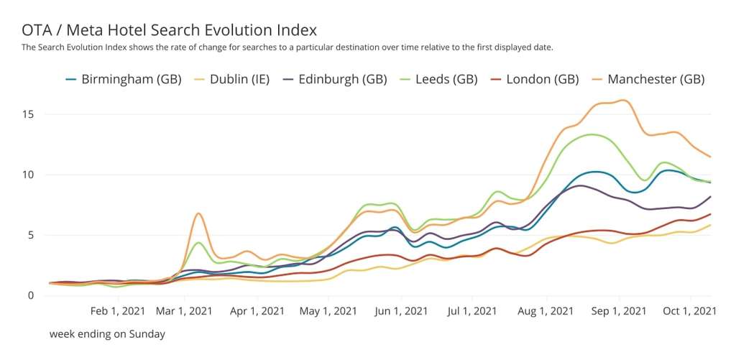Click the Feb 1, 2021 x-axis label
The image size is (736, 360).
120,311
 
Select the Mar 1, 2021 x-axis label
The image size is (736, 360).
183,311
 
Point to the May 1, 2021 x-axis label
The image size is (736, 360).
328,311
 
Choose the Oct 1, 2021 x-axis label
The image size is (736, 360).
689,311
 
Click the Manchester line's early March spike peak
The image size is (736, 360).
198,213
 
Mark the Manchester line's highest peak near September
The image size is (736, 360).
623,100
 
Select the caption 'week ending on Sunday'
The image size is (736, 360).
107,334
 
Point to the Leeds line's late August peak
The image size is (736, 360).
591,134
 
